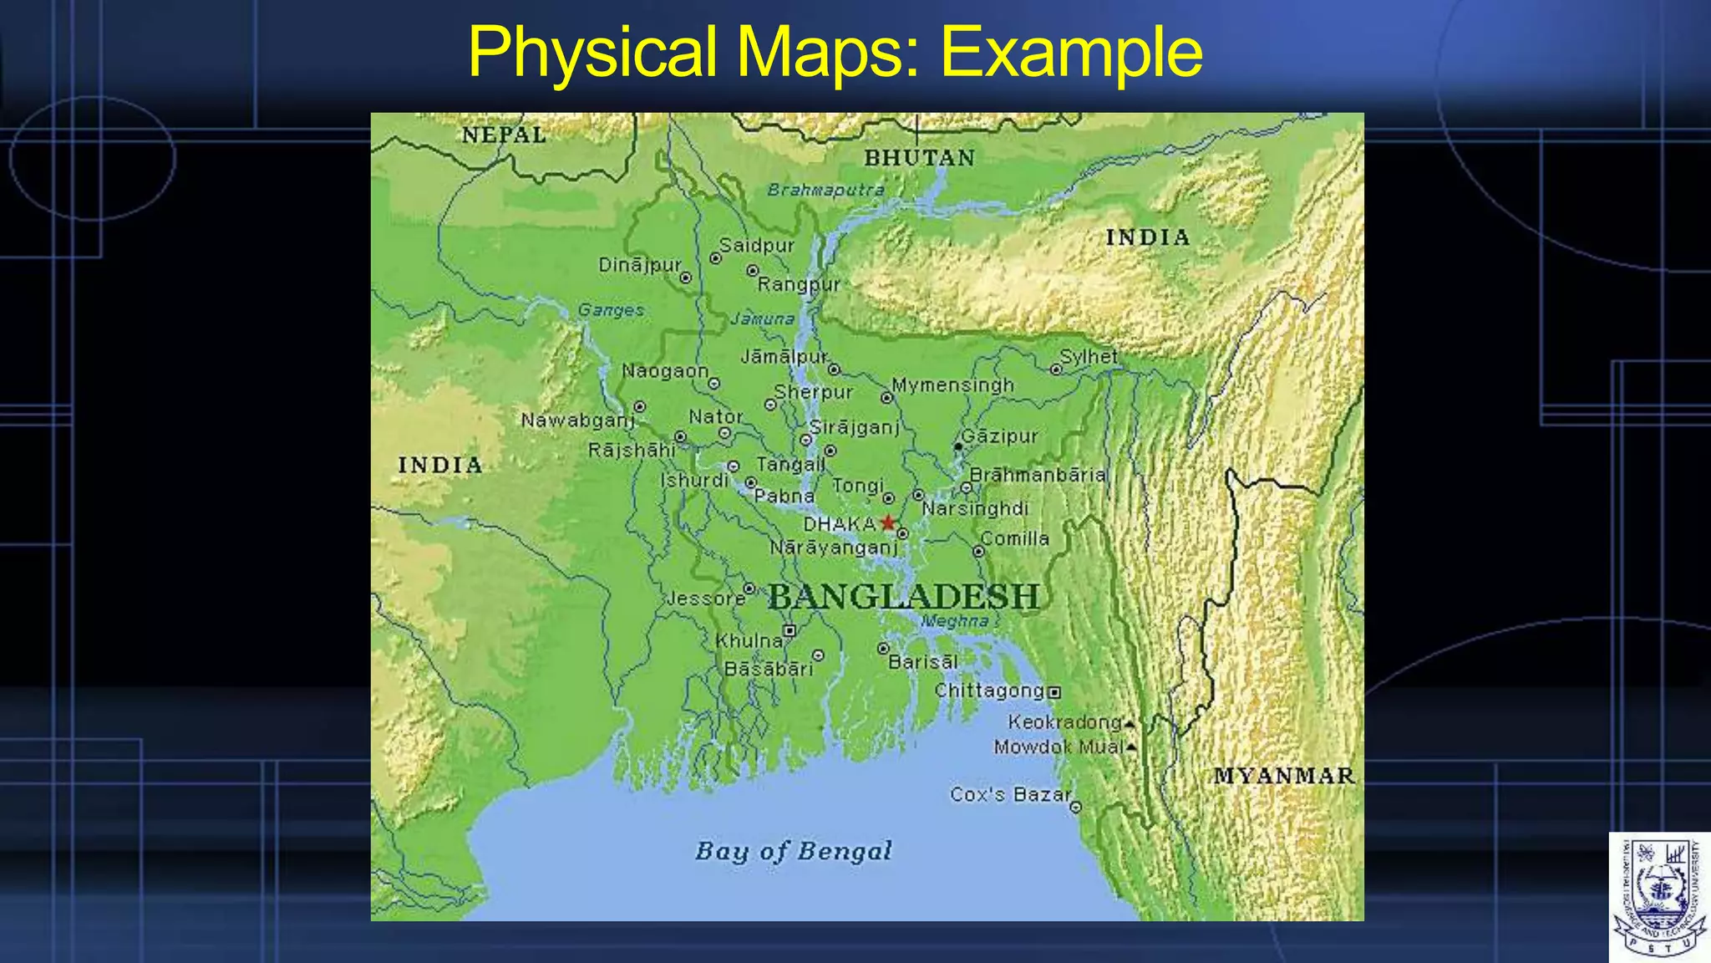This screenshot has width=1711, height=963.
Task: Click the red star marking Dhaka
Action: click(x=888, y=523)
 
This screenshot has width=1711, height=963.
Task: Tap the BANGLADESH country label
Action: click(x=904, y=597)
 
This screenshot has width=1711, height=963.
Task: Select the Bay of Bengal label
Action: click(x=794, y=851)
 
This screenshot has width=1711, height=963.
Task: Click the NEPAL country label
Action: click(x=504, y=135)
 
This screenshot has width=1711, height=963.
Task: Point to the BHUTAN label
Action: click(x=919, y=158)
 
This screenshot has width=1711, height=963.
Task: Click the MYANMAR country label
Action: click(x=1283, y=776)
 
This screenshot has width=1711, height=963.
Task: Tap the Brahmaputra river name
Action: click(x=825, y=190)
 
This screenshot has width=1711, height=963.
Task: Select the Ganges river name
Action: click(x=611, y=310)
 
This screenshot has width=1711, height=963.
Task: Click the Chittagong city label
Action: click(x=989, y=690)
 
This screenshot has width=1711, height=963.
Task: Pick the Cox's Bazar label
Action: click(x=1010, y=794)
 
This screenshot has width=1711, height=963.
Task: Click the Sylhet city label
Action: click(x=1089, y=356)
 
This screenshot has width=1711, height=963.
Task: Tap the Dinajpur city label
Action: click(x=640, y=265)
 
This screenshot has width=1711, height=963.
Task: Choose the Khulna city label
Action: click(x=749, y=640)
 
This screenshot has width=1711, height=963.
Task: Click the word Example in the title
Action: click(x=1071, y=52)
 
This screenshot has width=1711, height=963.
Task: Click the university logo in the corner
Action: click(x=1659, y=897)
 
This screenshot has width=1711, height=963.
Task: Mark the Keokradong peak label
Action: click(x=1064, y=721)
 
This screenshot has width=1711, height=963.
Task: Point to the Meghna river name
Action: click(x=954, y=621)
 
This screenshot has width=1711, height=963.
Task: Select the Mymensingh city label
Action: click(x=952, y=385)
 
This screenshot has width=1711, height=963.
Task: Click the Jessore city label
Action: click(x=705, y=599)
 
